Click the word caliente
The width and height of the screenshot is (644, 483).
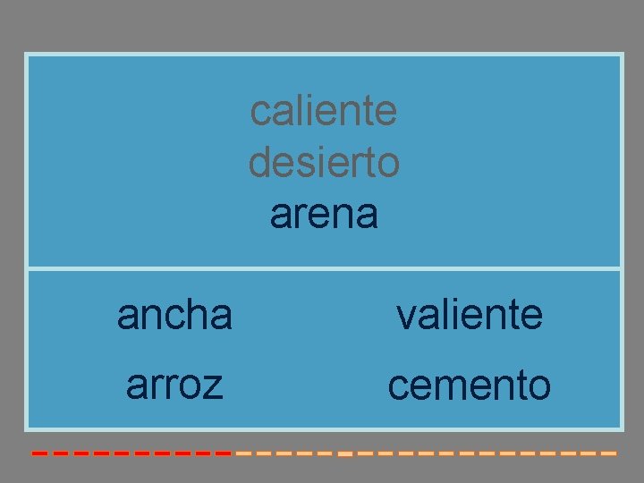(324, 112)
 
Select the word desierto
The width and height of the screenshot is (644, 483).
(324, 163)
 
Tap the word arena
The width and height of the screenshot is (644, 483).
(324, 215)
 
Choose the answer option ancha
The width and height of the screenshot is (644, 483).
(175, 315)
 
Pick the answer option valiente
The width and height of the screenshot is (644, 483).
(469, 315)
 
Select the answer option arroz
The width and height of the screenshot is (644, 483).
(175, 385)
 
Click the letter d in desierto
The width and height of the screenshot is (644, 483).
(259, 163)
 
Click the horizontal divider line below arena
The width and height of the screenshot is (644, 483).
(324, 267)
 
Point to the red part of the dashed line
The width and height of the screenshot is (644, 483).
(134, 453)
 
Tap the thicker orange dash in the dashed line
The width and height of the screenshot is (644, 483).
(345, 454)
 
